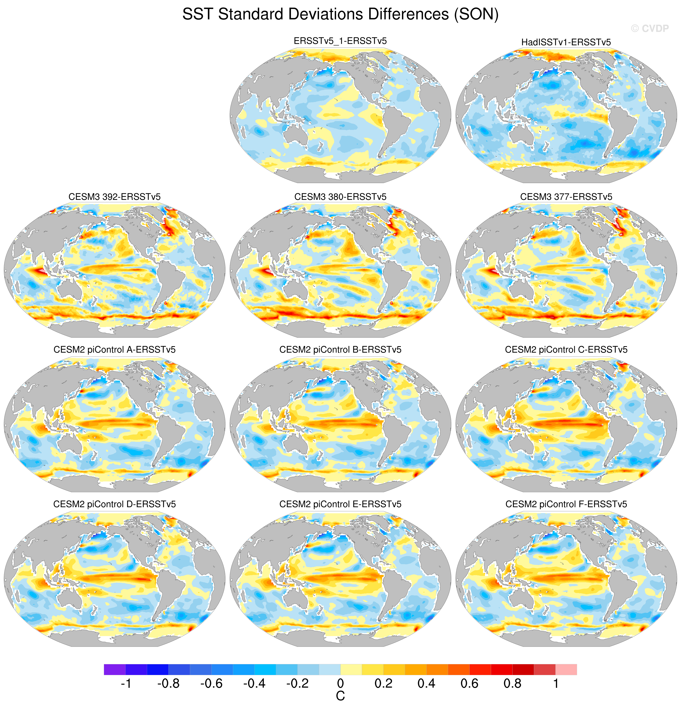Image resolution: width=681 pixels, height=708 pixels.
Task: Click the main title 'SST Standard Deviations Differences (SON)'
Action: coord(340,14)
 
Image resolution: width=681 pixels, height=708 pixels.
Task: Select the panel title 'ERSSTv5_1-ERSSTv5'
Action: coord(340,41)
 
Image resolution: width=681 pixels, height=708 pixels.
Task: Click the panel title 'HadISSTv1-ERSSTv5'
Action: coord(566,42)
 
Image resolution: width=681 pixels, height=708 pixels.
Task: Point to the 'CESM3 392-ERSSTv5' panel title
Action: coord(114,197)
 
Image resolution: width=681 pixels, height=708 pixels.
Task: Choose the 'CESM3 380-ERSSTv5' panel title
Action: coord(340,197)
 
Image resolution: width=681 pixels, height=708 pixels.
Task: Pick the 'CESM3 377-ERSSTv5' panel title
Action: coord(566,197)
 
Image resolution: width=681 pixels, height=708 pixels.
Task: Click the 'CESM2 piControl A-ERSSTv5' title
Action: coord(114,350)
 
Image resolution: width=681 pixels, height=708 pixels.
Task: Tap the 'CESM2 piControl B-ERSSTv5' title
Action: coord(340,350)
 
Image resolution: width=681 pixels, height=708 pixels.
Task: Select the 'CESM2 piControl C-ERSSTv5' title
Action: coord(566,350)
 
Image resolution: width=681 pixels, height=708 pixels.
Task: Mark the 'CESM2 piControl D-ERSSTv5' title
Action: coord(114,504)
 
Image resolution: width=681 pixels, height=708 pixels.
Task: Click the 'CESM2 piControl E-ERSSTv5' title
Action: coord(340,504)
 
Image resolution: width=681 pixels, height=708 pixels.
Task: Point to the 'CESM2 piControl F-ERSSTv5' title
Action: coord(566,504)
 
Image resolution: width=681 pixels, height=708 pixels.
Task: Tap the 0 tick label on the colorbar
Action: coord(340,684)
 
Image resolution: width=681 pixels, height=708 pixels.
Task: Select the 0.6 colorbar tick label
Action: coord(469,684)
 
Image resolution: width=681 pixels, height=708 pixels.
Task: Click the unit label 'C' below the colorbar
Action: coord(340,696)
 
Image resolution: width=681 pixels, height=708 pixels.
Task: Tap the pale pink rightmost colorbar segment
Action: coord(566,669)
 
